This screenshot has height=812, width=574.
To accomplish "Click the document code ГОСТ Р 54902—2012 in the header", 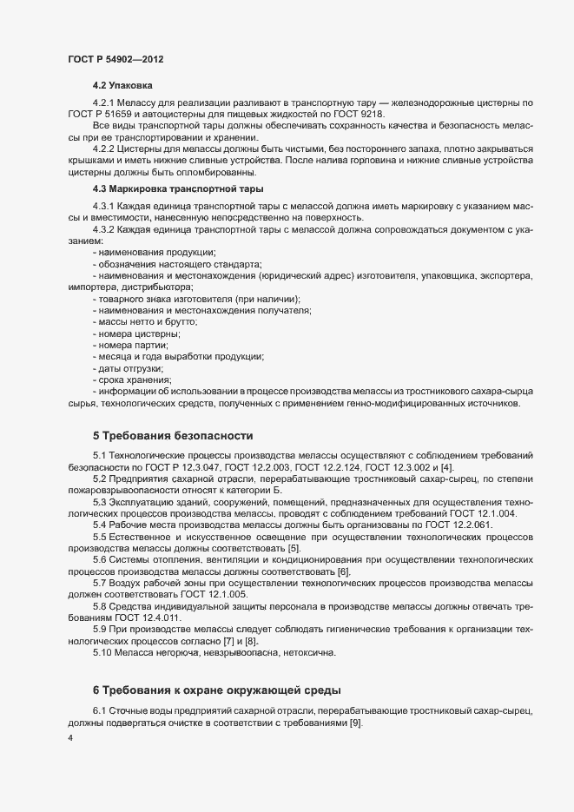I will [115, 59].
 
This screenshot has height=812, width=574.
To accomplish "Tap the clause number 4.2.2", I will [107, 149].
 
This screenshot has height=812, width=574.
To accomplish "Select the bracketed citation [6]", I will [343, 571].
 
